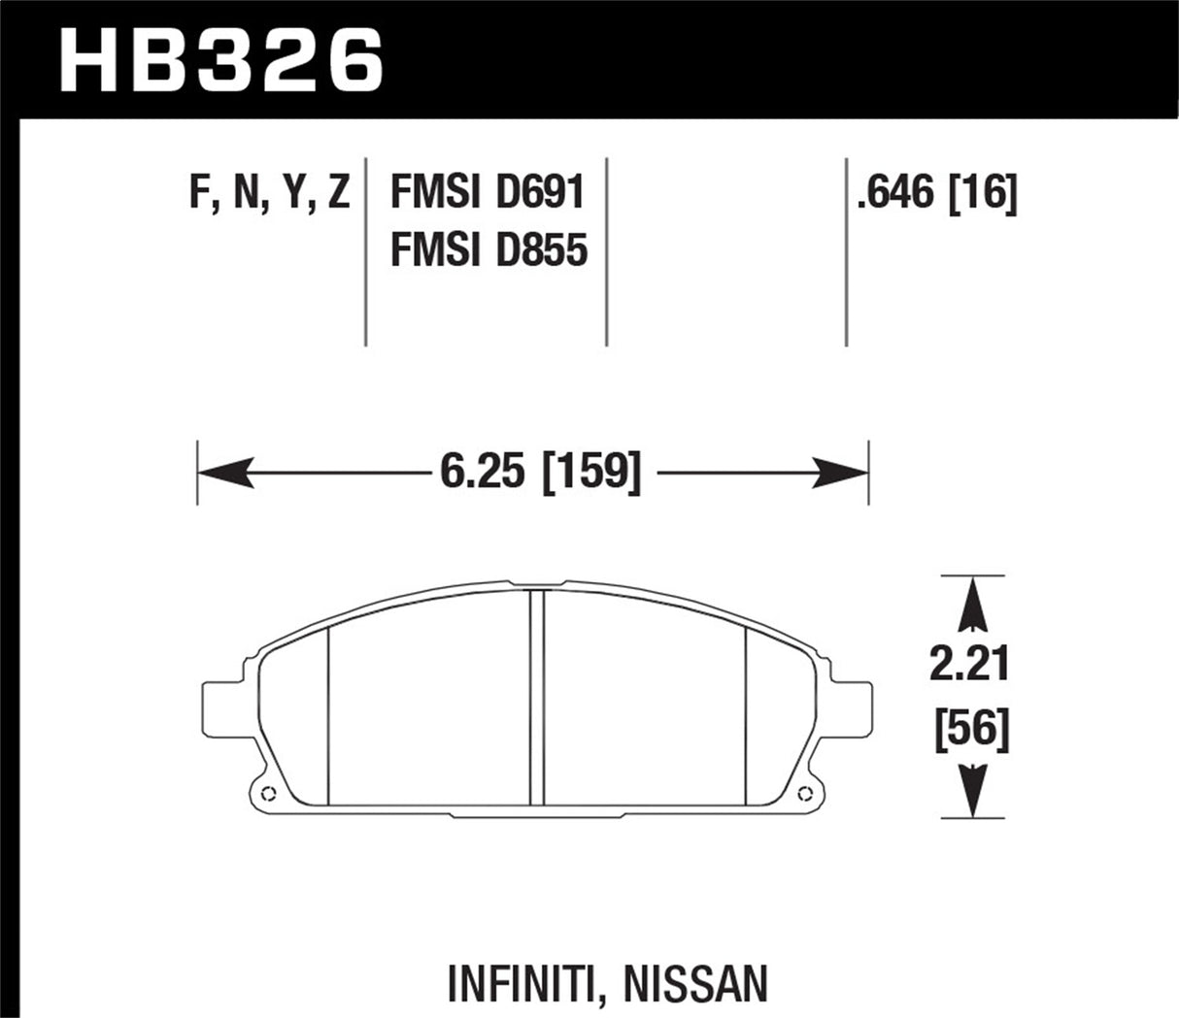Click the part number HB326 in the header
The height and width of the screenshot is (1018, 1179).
click(221, 60)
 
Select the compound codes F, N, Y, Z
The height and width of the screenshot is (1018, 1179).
click(269, 193)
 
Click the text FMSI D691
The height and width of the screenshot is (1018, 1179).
click(488, 193)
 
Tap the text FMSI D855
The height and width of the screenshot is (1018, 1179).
click(488, 251)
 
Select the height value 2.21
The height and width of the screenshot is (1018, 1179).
click(970, 665)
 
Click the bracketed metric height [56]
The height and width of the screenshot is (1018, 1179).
click(971, 728)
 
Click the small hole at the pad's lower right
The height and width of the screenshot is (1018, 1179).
click(804, 793)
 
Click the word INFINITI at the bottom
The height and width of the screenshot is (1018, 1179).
click(518, 984)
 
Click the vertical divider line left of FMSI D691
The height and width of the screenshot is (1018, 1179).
click(366, 250)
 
